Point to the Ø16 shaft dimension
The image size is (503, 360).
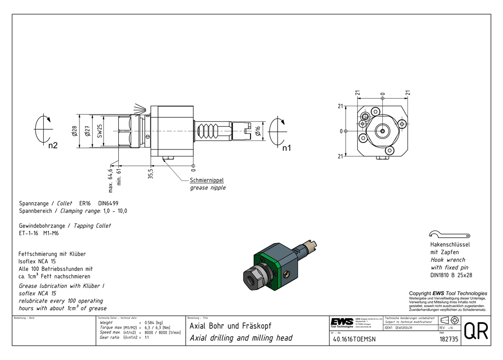click(x=258, y=131)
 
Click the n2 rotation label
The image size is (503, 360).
click(x=53, y=146)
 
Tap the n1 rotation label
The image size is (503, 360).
click(x=287, y=148)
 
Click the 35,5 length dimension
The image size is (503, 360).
click(x=150, y=174)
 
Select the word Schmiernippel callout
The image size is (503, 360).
click(x=206, y=180)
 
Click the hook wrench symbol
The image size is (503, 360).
click(x=450, y=234)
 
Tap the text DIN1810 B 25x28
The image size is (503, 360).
click(x=451, y=275)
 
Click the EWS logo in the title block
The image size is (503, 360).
click(x=342, y=322)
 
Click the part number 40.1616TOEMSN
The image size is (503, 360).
click(x=354, y=339)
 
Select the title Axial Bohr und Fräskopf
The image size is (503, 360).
click(x=231, y=326)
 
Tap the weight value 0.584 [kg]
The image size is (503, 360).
click(x=153, y=322)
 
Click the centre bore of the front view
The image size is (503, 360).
click(x=382, y=131)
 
